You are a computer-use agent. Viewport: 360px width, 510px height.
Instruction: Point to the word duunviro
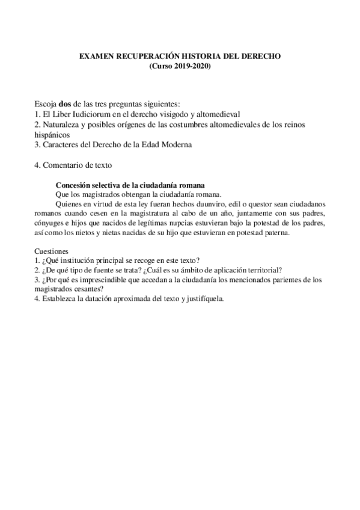pos(188,203)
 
